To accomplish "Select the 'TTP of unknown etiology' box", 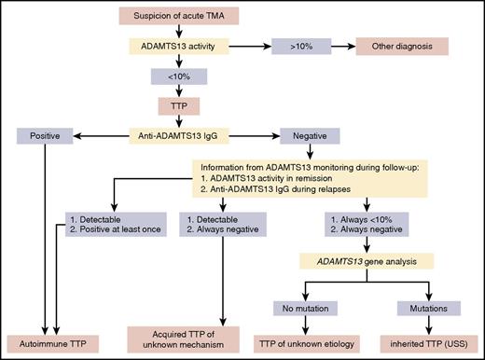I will pos(300,339).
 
